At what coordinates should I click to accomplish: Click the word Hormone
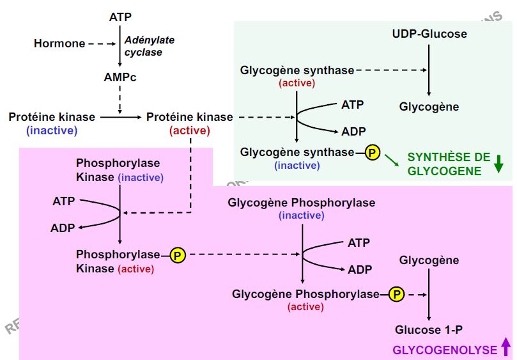point(59,43)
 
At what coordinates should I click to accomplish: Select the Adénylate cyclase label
point(148,46)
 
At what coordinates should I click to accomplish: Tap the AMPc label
point(120,77)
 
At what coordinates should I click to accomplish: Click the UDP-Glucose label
point(429,34)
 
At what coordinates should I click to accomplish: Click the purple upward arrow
point(505,347)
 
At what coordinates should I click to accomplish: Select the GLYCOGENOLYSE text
point(445,350)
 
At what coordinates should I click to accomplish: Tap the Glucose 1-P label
point(428,330)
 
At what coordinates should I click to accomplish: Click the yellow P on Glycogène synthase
point(372,152)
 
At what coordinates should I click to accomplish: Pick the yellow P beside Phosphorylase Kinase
point(178,255)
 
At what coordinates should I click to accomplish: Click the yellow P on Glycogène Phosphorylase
point(396,294)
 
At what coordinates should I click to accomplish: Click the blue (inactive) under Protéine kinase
point(52,130)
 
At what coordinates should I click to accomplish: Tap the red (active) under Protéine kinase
point(189,130)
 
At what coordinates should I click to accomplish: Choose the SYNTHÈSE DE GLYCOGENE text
point(449,164)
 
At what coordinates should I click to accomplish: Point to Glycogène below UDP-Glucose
point(429,107)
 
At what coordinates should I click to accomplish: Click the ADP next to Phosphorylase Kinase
point(63,228)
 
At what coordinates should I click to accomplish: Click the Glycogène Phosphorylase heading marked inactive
point(301,203)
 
